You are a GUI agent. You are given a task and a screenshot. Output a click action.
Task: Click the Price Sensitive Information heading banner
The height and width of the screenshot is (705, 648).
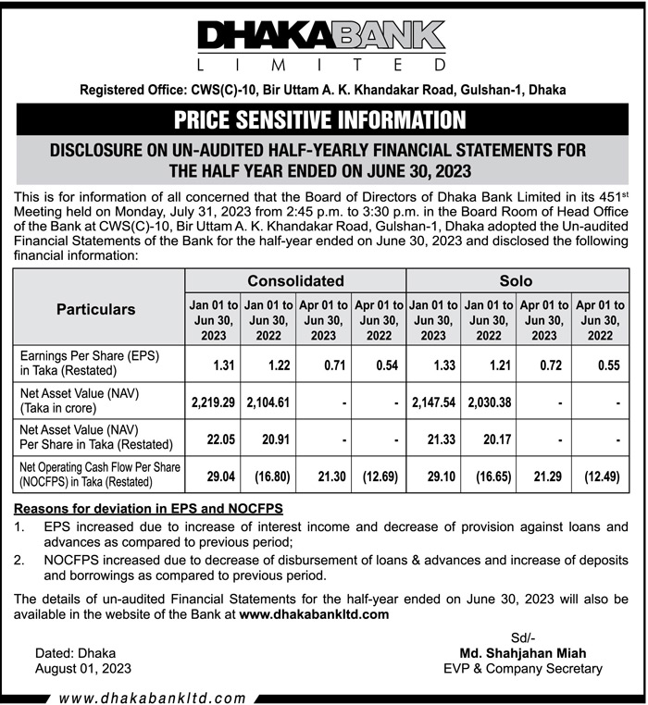[x=322, y=119]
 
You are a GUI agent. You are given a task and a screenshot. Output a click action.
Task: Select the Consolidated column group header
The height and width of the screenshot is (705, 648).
[x=295, y=280]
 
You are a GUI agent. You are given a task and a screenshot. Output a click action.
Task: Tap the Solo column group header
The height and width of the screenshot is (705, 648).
[x=517, y=280]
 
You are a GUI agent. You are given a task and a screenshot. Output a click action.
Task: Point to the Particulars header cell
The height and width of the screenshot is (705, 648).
[x=96, y=309]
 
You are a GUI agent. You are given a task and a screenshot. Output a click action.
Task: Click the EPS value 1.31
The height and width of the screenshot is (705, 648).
[x=223, y=366]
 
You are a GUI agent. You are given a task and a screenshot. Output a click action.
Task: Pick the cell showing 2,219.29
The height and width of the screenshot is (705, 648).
[x=214, y=403]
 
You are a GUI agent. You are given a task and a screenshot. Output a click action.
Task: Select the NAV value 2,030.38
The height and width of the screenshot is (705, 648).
[x=488, y=403]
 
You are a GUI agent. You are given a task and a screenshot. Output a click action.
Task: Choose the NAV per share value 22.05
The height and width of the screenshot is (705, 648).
[x=220, y=439]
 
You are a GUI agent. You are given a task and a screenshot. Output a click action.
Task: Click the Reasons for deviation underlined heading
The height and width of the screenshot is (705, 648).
[x=148, y=510]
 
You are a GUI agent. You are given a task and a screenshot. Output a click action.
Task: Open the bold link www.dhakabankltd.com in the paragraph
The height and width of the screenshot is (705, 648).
[x=314, y=613]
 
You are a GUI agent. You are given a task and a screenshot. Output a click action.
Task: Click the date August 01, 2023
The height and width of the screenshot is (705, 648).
[x=82, y=668]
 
